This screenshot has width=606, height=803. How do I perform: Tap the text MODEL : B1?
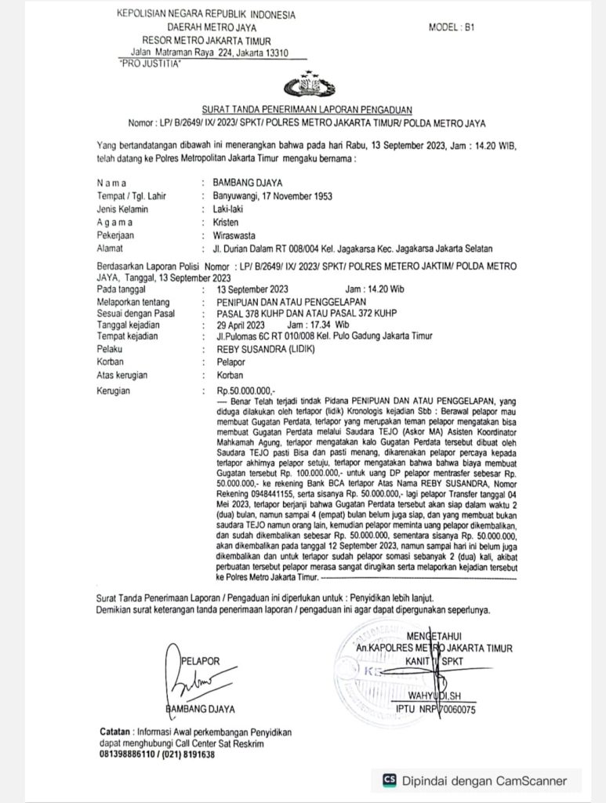tap(452, 27)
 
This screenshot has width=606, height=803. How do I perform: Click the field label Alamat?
tap(109, 248)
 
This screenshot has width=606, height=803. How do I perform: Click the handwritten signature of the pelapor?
tap(187, 678)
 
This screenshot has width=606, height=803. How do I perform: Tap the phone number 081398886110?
tap(131, 754)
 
